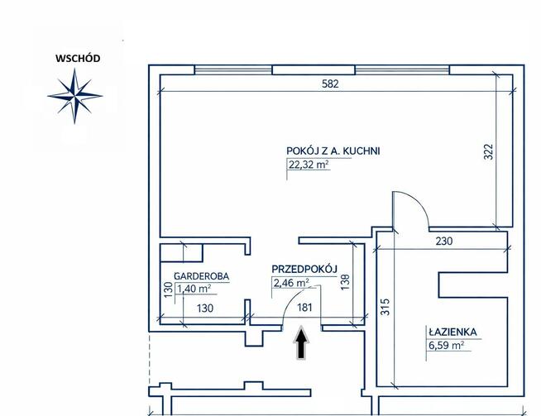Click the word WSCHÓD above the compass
point(78,58)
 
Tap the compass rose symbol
point(75,96)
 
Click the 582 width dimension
point(330,84)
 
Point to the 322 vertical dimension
point(488,151)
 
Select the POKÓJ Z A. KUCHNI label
point(333,151)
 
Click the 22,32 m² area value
point(309,165)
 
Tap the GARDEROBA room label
point(202,276)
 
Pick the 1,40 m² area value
point(194,289)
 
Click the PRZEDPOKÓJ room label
point(304,269)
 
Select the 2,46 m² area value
point(291,283)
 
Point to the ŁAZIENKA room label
point(452,332)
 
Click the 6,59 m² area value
point(446,345)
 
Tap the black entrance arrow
point(301,342)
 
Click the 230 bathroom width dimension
point(443,241)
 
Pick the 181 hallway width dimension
point(304,307)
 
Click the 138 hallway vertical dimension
point(345,281)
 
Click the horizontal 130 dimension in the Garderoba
point(205,308)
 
